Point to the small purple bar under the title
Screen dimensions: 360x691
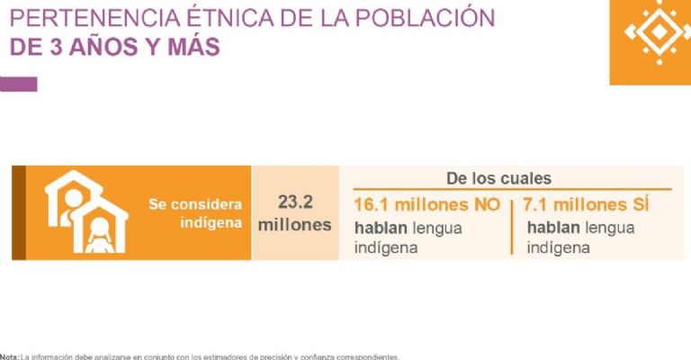point(19,84)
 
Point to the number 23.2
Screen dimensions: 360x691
point(295,202)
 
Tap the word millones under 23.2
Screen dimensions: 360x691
point(295,225)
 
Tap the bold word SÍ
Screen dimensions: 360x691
point(635,204)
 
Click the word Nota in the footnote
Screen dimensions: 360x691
point(9,356)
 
